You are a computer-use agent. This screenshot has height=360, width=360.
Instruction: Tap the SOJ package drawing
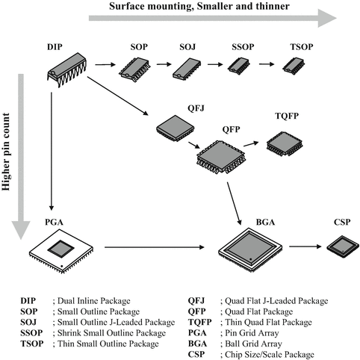point(187,68)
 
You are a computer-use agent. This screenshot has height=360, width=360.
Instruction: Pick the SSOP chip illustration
point(240,68)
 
